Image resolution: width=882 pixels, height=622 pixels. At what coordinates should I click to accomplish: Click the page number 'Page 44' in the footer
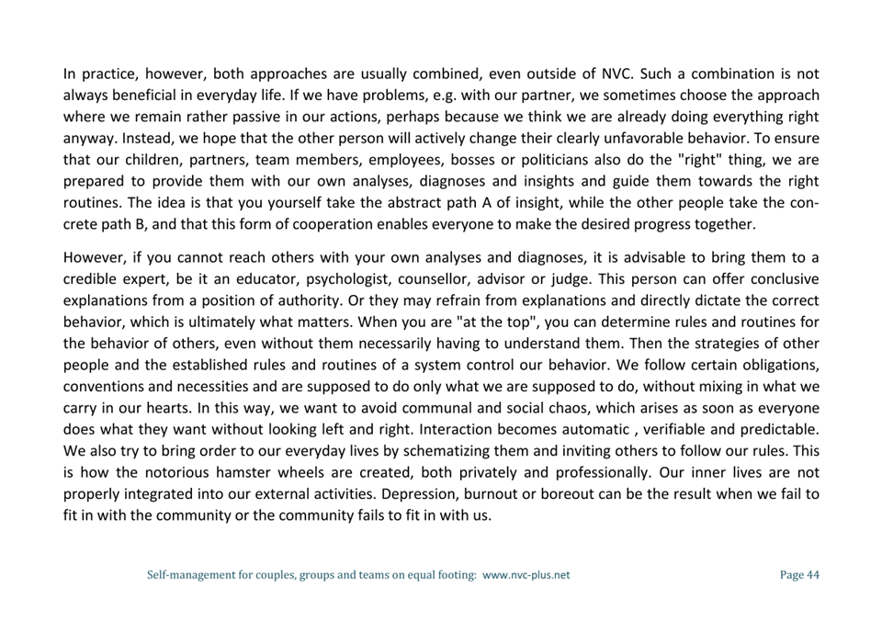pos(798,575)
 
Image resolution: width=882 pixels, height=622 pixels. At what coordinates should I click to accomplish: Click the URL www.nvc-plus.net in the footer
pos(526,575)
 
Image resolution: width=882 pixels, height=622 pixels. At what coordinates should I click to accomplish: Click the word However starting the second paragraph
pos(95,257)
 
